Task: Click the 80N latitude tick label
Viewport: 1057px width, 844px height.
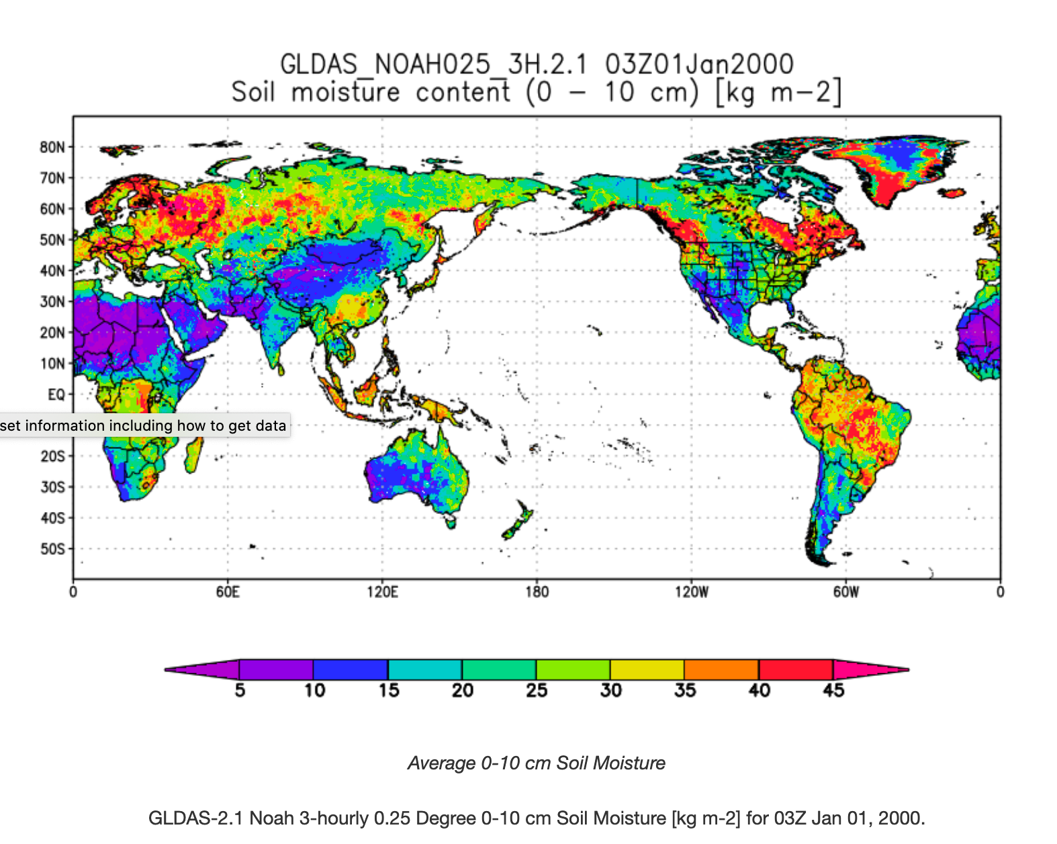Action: (x=52, y=147)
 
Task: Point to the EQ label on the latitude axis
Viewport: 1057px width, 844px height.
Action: (x=56, y=394)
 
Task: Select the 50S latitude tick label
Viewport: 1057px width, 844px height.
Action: (x=52, y=549)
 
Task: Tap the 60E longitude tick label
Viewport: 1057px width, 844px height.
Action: (x=228, y=592)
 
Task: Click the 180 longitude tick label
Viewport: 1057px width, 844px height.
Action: (x=537, y=592)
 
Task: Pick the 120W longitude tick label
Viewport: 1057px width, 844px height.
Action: (x=691, y=592)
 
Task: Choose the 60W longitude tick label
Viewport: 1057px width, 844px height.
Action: (x=845, y=592)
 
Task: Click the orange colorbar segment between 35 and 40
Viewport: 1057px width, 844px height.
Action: (x=721, y=670)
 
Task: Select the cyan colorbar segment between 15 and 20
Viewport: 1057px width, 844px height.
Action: (x=424, y=670)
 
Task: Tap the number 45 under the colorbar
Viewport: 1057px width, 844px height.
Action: (x=833, y=691)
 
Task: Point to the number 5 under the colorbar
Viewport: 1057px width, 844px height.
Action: (x=240, y=691)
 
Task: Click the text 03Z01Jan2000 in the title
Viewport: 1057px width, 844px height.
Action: (x=699, y=65)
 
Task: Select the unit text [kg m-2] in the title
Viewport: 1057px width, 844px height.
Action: (x=778, y=92)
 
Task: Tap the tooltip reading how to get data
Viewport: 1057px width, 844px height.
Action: (x=144, y=425)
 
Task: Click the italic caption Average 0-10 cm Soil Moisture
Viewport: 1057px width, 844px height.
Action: (x=536, y=763)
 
